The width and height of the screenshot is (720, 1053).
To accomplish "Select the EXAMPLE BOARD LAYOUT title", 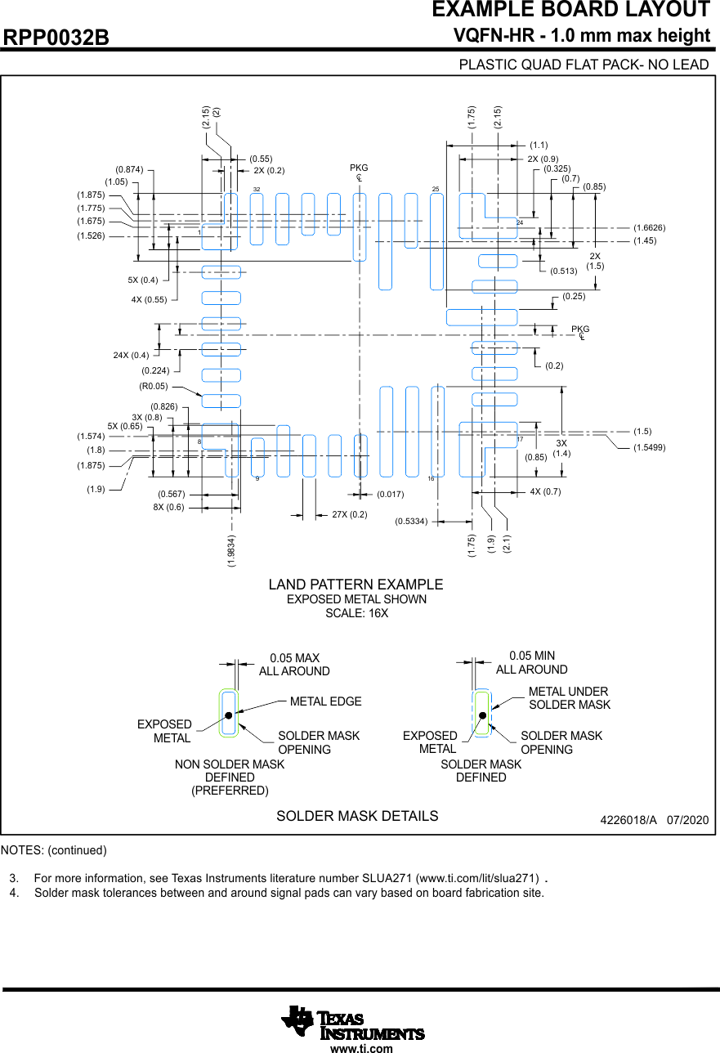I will click(570, 11).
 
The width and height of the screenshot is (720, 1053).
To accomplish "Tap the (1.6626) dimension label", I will click(649, 227).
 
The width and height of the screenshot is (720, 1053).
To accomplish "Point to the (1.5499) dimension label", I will click(649, 447).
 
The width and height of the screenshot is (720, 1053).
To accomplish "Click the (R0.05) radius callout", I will click(153, 387).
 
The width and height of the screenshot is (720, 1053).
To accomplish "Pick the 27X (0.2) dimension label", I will click(350, 514).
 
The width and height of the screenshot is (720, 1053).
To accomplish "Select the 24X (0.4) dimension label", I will click(131, 356).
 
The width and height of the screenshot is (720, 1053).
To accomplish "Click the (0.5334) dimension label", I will click(411, 521).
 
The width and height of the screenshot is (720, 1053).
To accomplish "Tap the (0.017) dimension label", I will click(390, 494).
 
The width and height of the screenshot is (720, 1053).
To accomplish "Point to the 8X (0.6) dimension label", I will click(168, 507).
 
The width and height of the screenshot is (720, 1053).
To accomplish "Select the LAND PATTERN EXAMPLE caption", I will click(356, 585).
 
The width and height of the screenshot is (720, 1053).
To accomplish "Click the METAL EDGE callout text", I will click(325, 701).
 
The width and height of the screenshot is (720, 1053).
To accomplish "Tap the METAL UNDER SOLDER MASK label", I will click(569, 698).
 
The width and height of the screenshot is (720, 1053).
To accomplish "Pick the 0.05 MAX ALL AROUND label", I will click(294, 665).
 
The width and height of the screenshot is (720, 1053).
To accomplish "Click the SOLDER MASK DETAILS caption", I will click(357, 816).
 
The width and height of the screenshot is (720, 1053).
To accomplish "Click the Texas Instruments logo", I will click(353, 1022).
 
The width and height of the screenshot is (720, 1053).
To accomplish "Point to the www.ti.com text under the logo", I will click(361, 1048).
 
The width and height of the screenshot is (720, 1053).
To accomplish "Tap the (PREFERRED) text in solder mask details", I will click(230, 791).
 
